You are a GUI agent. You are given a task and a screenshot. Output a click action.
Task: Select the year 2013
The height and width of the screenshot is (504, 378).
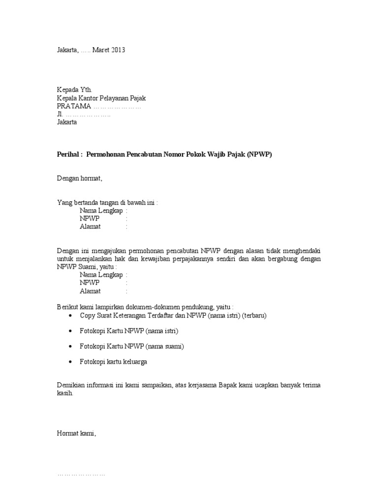click(119, 50)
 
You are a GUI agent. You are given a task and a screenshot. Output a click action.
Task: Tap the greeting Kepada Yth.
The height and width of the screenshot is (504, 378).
click(74, 90)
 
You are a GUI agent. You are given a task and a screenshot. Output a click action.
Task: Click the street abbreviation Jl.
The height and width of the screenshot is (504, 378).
click(60, 114)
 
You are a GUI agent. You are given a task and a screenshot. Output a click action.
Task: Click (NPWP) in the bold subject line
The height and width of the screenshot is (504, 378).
click(259, 155)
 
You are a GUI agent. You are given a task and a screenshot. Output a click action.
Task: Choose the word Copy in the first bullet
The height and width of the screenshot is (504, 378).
click(87, 315)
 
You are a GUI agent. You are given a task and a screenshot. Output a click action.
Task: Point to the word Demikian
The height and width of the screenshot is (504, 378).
click(71, 385)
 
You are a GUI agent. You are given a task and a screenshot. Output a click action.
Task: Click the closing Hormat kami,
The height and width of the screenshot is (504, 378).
click(77, 434)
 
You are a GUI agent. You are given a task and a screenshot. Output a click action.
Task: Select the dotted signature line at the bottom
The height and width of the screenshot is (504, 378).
click(81, 475)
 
